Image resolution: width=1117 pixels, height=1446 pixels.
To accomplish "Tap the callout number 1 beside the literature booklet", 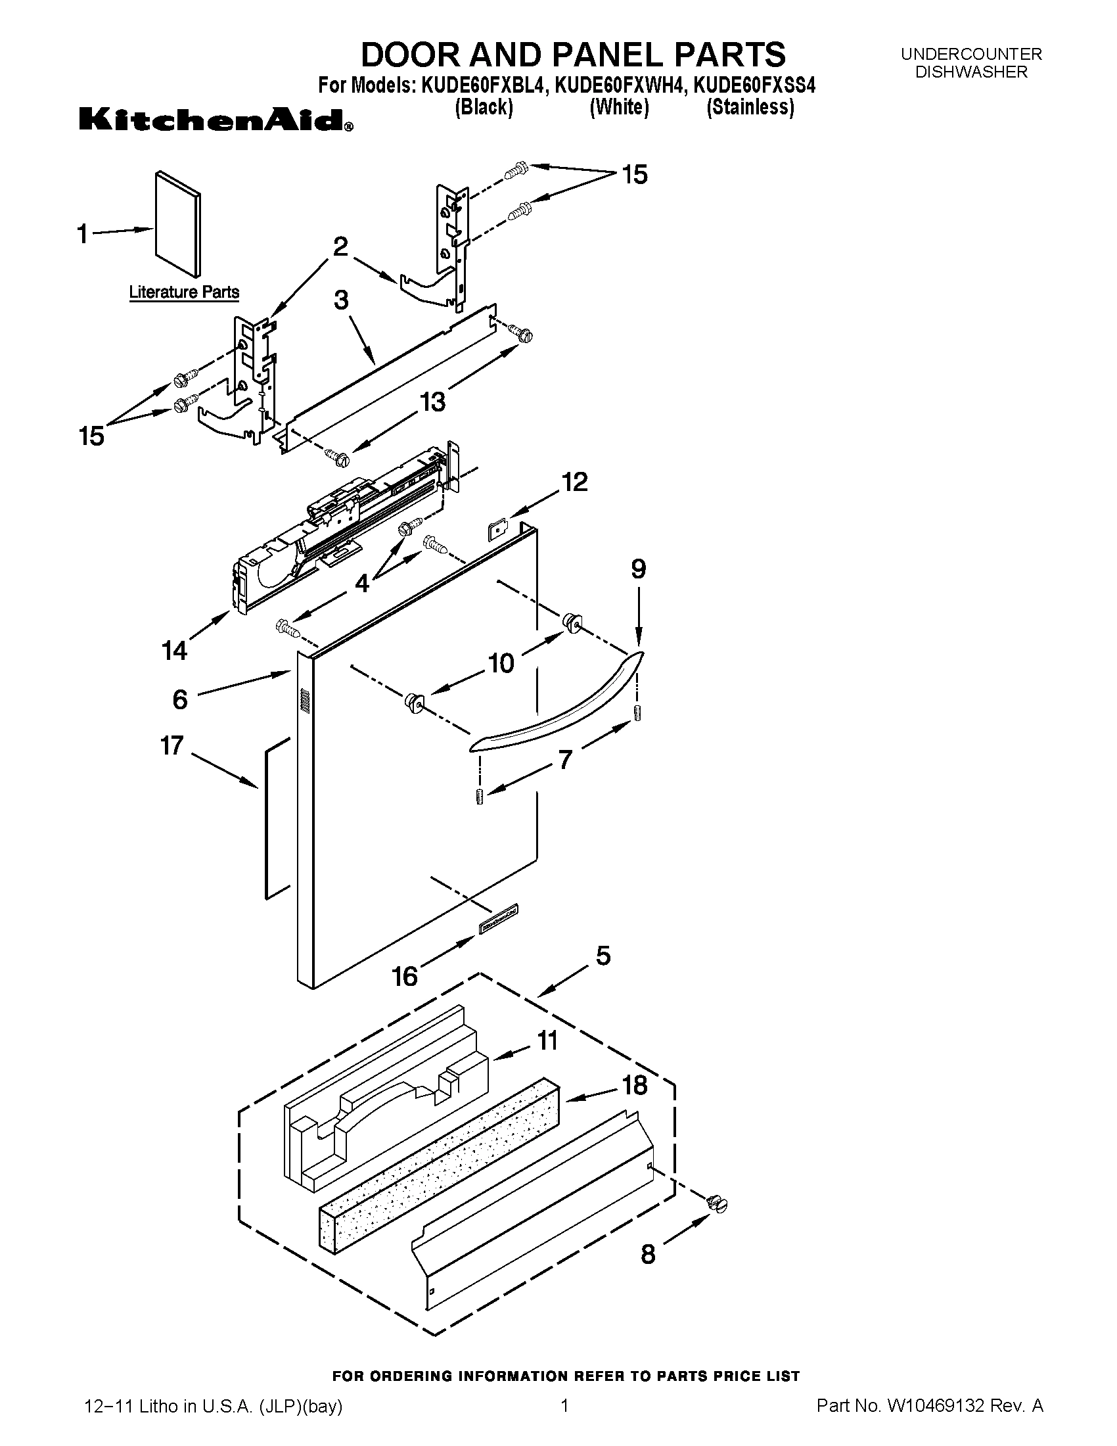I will (x=83, y=234).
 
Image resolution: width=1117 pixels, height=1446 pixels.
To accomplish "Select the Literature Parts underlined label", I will (x=184, y=292).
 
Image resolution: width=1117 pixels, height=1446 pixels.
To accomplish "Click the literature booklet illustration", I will (x=177, y=223).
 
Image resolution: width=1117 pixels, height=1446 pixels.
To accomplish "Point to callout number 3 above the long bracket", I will (x=341, y=300).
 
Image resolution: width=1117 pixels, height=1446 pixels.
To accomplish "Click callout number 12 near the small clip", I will (x=574, y=481).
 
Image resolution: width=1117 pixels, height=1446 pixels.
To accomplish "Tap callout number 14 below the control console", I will (x=175, y=650).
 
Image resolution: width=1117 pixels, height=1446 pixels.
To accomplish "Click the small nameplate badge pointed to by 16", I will (x=498, y=920).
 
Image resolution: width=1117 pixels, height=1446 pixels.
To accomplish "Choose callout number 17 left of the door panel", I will (x=171, y=746).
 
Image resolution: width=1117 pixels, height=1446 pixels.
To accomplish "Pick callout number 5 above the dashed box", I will (x=603, y=956).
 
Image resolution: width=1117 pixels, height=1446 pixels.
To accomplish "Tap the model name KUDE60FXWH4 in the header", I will (x=618, y=86).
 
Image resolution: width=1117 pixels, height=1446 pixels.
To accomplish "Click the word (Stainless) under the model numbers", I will (x=750, y=106).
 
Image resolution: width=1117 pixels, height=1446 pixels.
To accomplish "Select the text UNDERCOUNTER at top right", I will (x=970, y=55).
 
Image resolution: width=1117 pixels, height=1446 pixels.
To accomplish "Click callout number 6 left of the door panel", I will (x=180, y=700).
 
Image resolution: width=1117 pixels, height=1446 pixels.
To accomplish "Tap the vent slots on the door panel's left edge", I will (x=304, y=701).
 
